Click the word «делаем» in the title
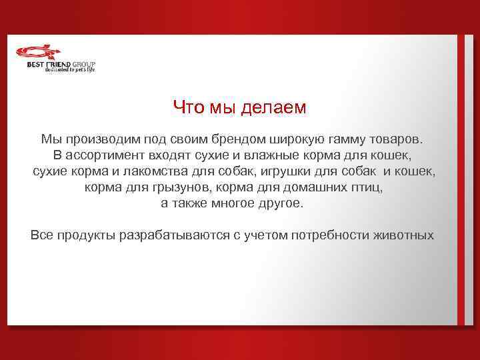275,108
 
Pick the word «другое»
281,203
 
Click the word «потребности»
341,235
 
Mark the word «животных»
406,235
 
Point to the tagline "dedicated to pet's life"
70,69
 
